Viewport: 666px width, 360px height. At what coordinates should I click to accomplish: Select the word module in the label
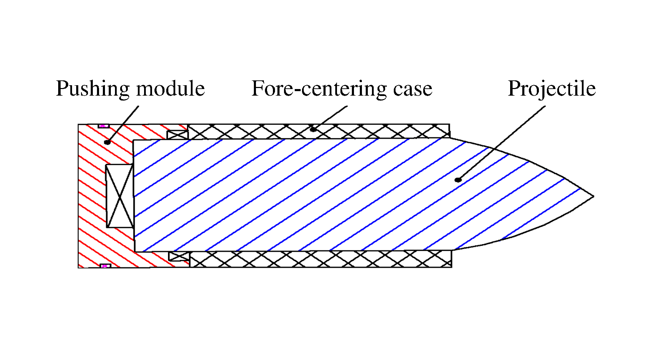pos(170,89)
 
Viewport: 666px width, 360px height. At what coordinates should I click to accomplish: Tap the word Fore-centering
pos(319,89)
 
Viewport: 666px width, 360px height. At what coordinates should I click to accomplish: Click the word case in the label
pos(412,89)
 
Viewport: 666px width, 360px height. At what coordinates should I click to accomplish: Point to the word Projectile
pos(551,89)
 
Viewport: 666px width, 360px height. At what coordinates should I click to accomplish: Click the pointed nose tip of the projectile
pos(593,196)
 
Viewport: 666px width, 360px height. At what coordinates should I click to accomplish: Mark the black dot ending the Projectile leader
pos(458,179)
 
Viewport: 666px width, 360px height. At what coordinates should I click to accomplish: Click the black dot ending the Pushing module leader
pos(107,142)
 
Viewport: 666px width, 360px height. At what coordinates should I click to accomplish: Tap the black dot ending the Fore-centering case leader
pos(313,129)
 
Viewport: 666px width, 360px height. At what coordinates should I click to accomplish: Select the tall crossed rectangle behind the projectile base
pos(119,196)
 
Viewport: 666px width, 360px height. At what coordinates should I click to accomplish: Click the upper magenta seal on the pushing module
pos(103,126)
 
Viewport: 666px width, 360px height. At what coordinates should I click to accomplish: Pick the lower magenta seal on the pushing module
pos(105,266)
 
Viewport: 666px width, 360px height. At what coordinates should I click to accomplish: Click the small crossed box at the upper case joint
pos(177,135)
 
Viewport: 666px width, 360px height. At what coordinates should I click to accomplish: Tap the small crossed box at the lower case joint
pos(179,256)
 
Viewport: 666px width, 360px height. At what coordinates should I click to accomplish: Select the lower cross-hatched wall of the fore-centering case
pos(346,259)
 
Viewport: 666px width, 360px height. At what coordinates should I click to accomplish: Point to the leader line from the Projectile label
pos(502,142)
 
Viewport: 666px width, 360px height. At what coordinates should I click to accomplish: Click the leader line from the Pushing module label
pos(123,124)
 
